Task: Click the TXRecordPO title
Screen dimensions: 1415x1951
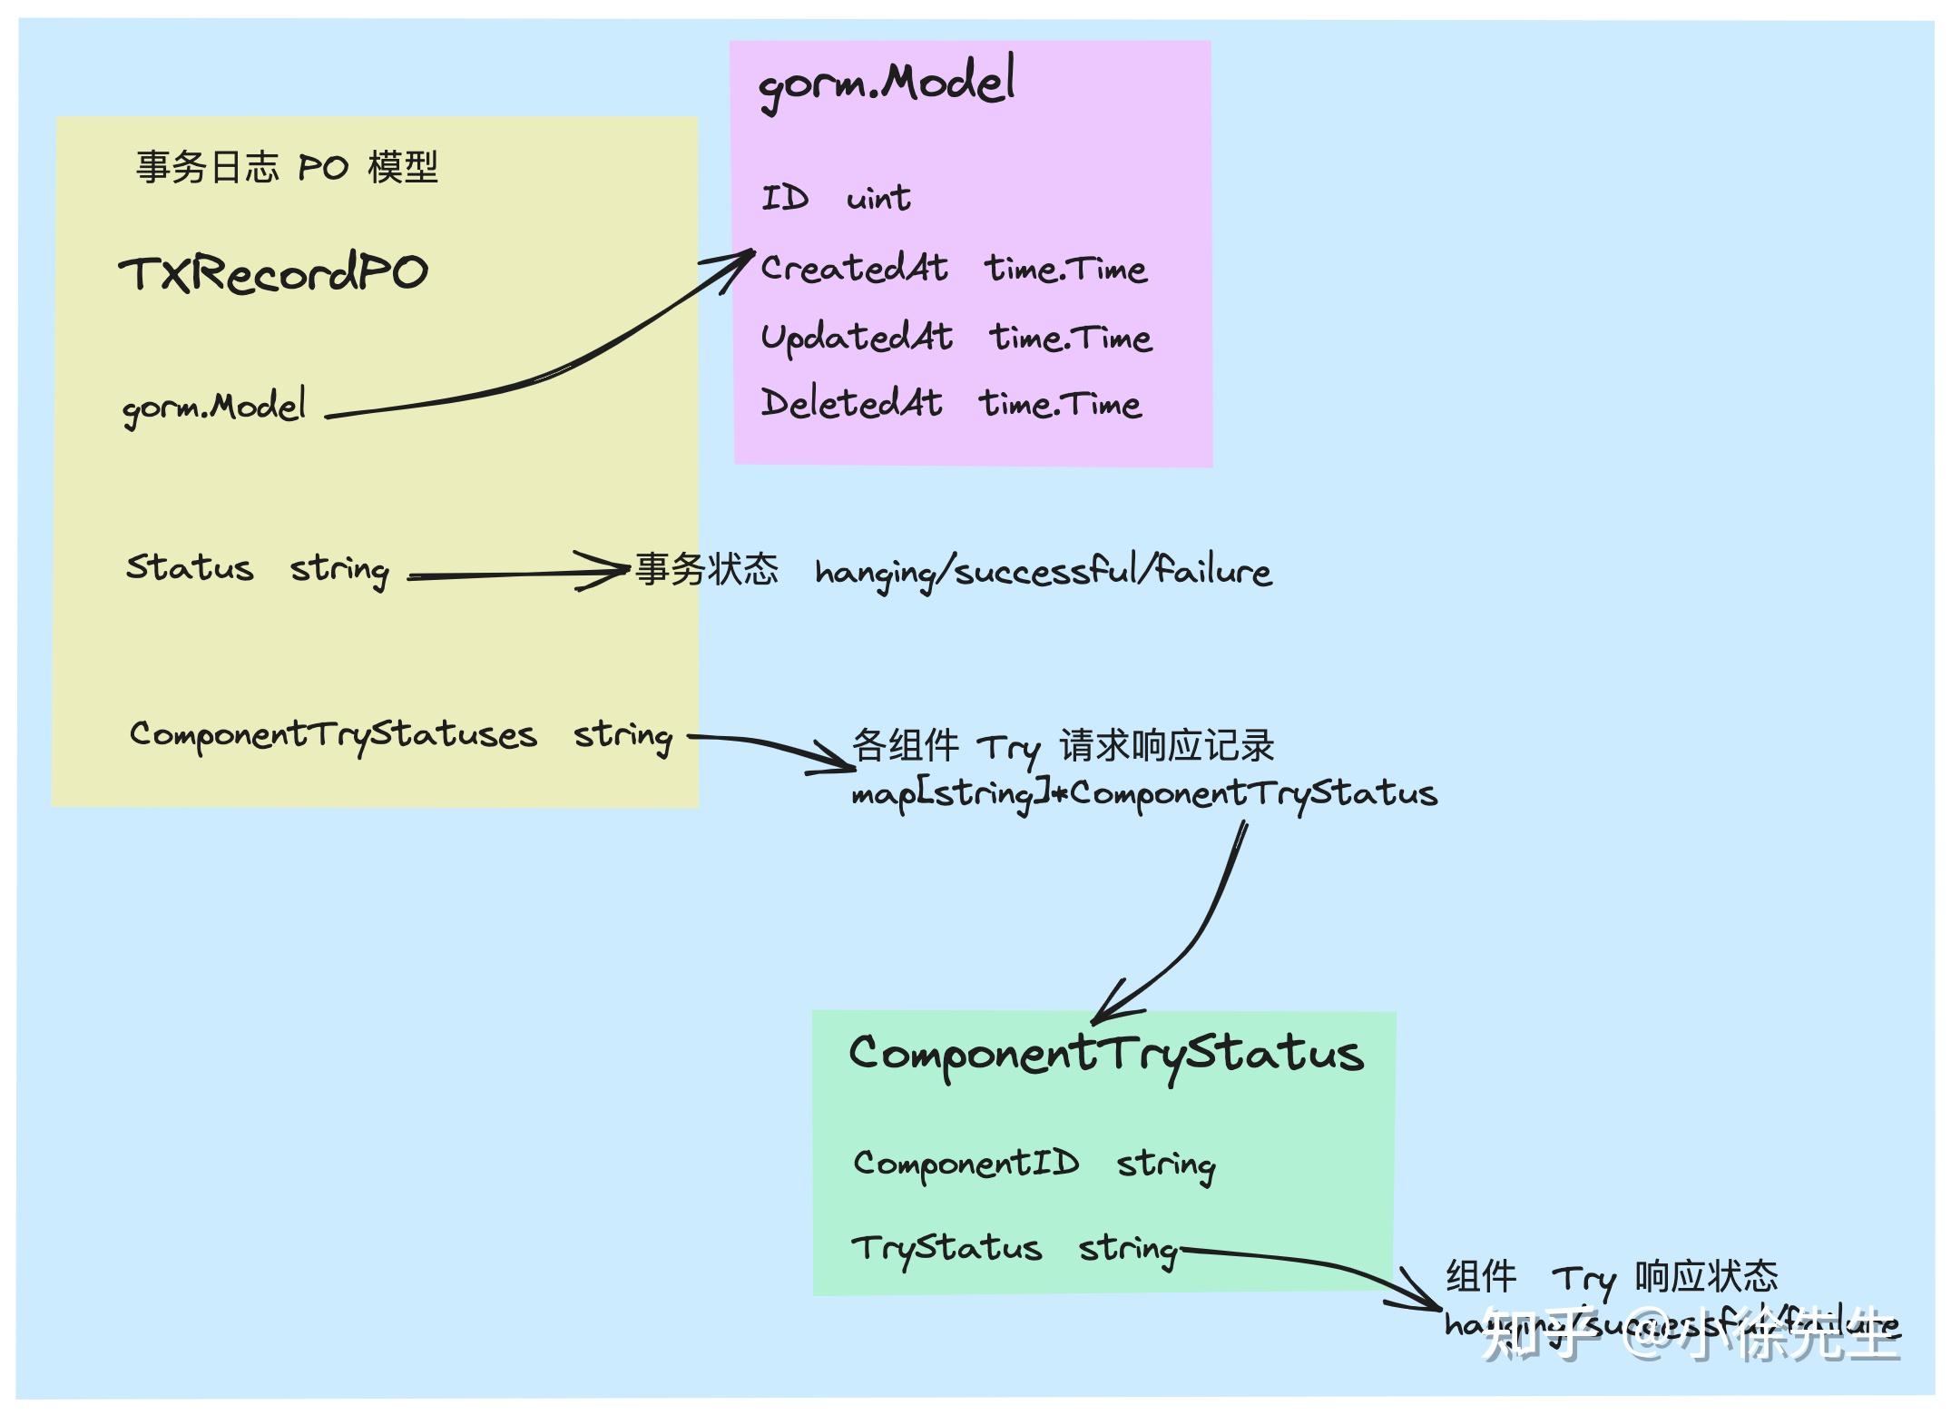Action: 272,273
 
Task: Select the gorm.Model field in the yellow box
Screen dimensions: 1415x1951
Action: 214,407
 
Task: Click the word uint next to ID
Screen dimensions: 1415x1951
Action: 877,198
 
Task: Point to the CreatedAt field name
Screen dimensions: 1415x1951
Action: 854,268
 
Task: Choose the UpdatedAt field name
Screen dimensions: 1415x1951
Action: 857,337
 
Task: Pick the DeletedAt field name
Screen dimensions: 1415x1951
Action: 851,403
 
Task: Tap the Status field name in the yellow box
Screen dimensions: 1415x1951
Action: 189,567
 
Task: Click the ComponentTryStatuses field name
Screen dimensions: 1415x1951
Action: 333,734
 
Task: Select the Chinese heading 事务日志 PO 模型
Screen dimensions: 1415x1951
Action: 287,168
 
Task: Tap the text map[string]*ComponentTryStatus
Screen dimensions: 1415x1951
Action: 1143,794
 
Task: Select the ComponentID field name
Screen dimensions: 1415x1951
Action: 966,1163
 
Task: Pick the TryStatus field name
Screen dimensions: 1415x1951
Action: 946,1248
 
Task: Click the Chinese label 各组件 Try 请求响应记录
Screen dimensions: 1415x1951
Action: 1063,746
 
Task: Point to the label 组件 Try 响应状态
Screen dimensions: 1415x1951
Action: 1611,1277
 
